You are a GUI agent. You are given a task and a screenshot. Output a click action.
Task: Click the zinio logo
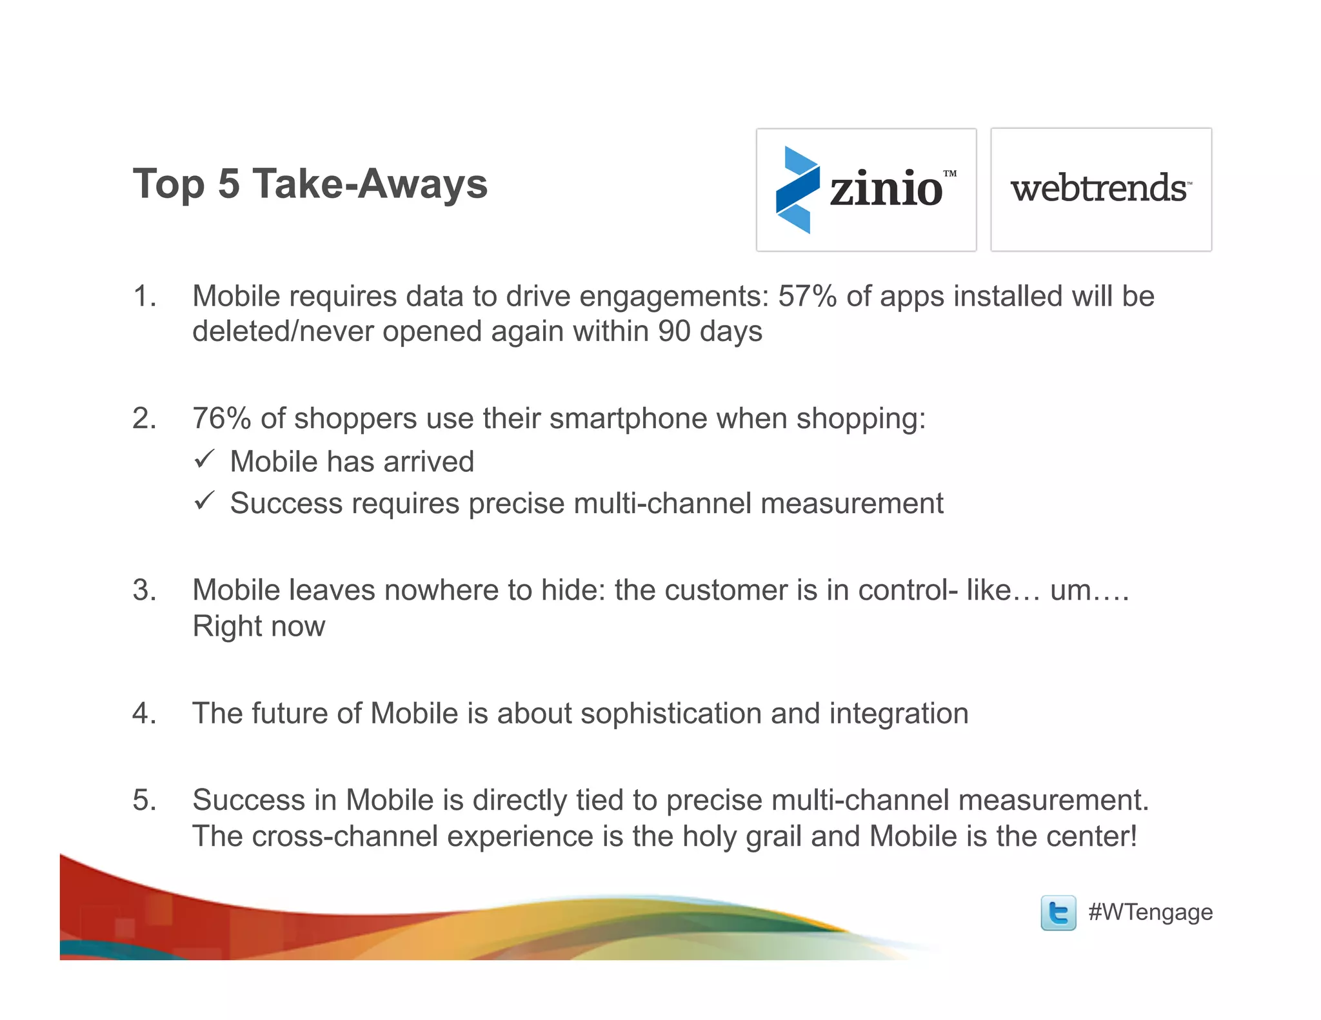pos(866,190)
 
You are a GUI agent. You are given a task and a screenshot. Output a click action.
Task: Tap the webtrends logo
pos(1100,189)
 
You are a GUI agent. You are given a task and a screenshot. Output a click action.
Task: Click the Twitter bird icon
pos(1058,912)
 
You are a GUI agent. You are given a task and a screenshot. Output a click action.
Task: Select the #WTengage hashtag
pos(1150,912)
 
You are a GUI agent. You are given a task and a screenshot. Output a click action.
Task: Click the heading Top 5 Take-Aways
pos(310,184)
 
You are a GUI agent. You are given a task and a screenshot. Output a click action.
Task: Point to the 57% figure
pos(807,297)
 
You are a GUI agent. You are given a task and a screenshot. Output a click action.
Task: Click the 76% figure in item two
pos(221,418)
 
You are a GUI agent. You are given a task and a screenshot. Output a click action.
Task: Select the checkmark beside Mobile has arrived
pos(204,460)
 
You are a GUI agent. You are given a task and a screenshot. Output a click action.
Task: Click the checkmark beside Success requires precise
pos(204,501)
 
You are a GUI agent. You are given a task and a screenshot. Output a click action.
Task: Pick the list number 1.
pos(144,297)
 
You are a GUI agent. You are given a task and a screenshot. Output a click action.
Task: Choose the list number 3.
pos(144,591)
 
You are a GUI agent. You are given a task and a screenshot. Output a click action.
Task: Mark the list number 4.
pos(144,714)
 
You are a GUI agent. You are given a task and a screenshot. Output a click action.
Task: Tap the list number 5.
pos(144,800)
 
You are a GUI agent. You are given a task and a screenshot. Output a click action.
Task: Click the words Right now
pos(259,626)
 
